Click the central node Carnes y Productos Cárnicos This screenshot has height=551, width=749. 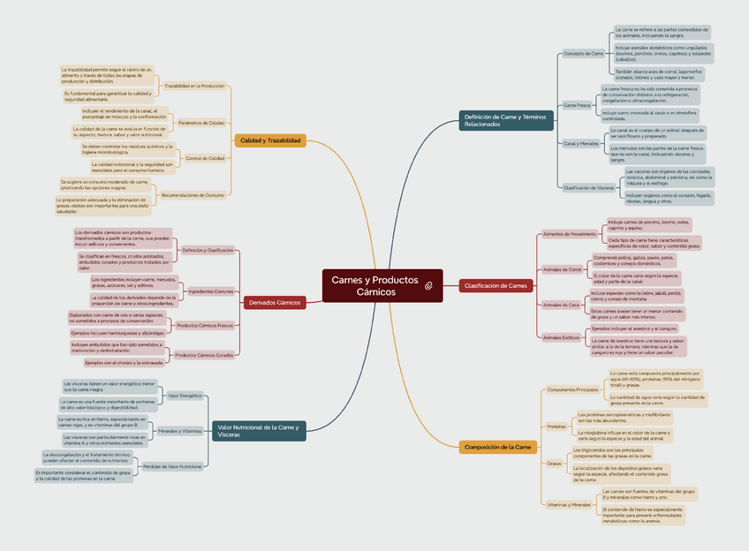point(371,285)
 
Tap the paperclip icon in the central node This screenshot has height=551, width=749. point(427,286)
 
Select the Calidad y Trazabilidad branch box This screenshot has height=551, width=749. point(270,140)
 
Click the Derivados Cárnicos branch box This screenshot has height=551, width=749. point(275,302)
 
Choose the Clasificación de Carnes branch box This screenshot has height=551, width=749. point(496,285)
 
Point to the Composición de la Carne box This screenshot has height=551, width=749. point(498,448)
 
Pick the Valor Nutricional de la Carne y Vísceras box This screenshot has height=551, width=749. point(259,431)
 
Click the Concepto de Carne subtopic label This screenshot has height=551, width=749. point(584,53)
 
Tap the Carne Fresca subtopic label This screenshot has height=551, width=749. point(577,105)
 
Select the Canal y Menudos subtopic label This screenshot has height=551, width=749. point(581,143)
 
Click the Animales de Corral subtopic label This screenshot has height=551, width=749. point(562,269)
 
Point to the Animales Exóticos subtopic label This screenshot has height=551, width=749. point(561,337)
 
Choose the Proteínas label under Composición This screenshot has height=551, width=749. point(556,426)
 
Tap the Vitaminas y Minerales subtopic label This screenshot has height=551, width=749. point(569,504)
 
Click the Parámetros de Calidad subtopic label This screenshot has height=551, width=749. point(201,123)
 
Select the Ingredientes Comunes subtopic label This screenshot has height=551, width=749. point(211,291)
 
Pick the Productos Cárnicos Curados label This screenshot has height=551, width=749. point(204,355)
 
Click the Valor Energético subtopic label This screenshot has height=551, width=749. point(185,396)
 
